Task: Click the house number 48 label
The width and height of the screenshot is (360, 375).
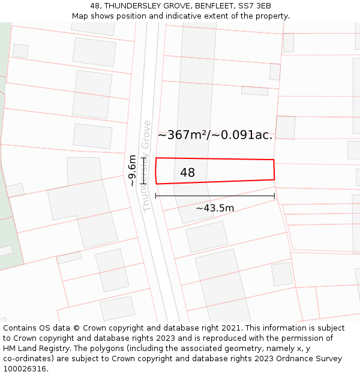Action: click(187, 173)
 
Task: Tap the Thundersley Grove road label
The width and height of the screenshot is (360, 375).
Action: click(146, 166)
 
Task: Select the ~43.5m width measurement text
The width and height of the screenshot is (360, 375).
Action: click(215, 208)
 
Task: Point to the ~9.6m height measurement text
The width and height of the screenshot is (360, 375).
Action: click(133, 170)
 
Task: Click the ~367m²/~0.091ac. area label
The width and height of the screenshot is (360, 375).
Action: click(215, 135)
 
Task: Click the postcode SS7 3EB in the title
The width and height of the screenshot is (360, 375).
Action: click(254, 6)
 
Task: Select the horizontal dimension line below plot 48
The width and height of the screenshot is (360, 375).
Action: click(215, 196)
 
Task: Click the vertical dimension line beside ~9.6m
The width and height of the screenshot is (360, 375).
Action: click(143, 170)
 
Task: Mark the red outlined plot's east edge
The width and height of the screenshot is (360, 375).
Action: click(274, 169)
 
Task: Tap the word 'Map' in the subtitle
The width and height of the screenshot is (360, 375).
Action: click(80, 16)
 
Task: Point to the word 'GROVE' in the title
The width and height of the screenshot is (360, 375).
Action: click(170, 6)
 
